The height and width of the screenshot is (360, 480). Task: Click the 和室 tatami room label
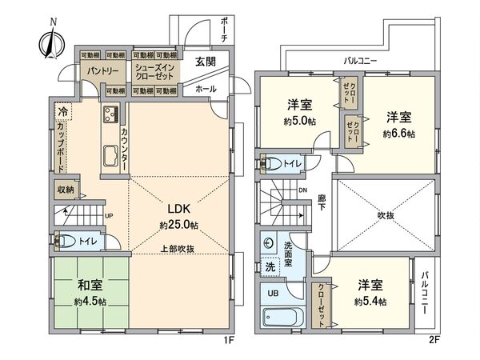pos(89,286)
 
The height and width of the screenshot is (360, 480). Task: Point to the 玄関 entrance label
pos(205,62)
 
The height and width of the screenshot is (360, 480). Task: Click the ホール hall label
pos(205,89)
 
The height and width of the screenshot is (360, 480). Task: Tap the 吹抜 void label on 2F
pos(387,215)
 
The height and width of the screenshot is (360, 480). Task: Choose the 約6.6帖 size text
pos(399,134)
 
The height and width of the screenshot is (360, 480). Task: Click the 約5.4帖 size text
pos(370,302)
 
